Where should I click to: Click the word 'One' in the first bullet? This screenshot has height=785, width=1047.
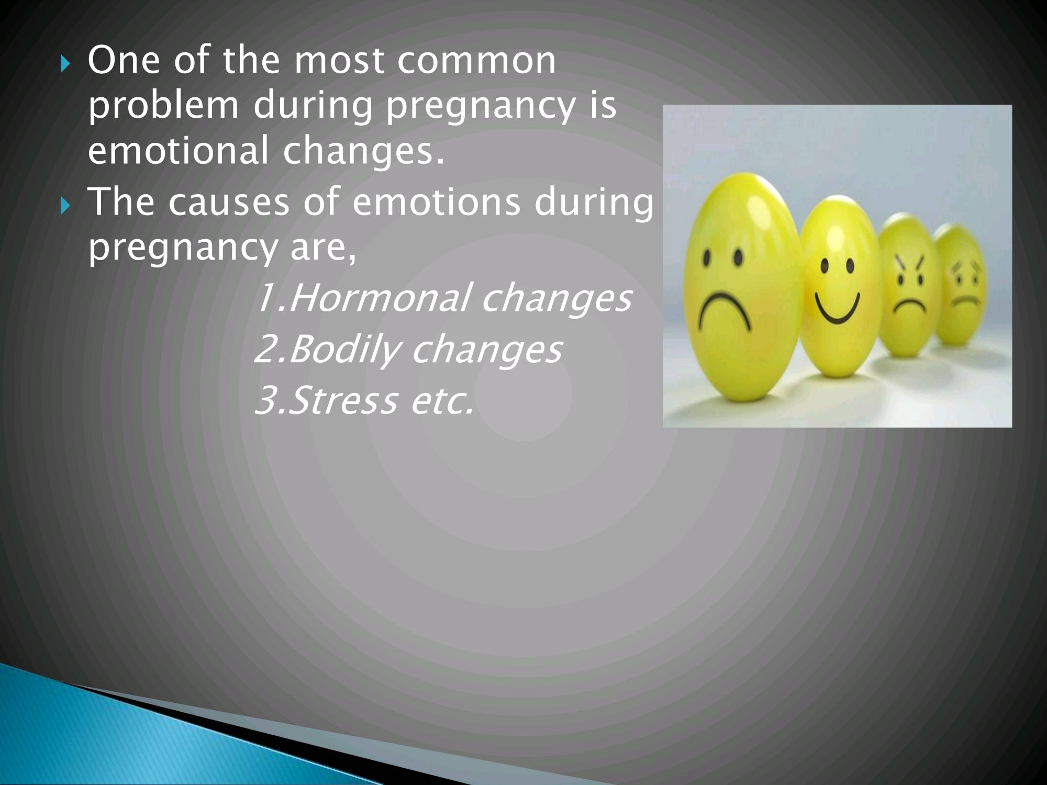coord(124,60)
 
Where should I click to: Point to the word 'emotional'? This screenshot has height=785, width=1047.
coord(178,150)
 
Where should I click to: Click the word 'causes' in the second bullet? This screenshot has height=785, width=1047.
coord(228,203)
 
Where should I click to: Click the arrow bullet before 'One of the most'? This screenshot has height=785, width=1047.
coord(64,65)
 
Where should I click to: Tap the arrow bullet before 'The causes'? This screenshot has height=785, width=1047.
coord(64,207)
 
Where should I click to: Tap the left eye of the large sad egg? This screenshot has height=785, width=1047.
coord(707,259)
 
